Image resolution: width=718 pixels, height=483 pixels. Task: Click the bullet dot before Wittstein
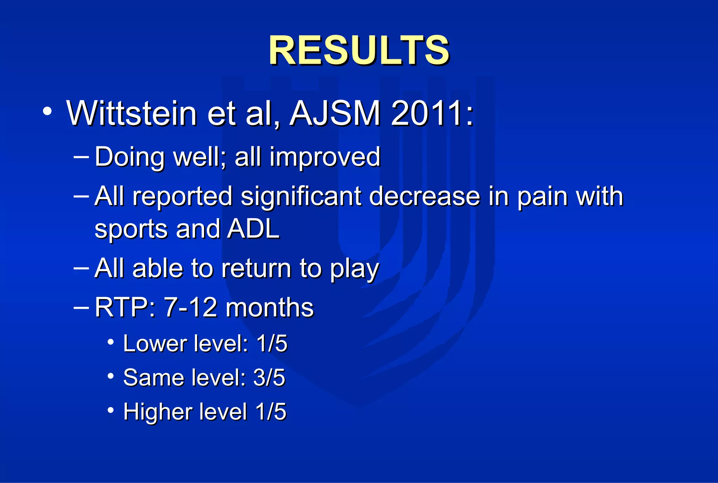[x=47, y=111]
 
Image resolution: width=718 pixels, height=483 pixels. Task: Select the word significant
[x=301, y=196]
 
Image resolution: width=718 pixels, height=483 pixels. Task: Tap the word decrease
[x=425, y=196]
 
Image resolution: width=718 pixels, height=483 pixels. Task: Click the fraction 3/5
[x=269, y=378]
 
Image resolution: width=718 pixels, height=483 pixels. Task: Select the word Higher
[x=156, y=412]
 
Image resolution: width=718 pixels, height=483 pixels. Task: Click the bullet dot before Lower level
[x=111, y=341]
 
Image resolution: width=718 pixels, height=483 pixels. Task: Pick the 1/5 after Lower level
[x=272, y=343]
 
